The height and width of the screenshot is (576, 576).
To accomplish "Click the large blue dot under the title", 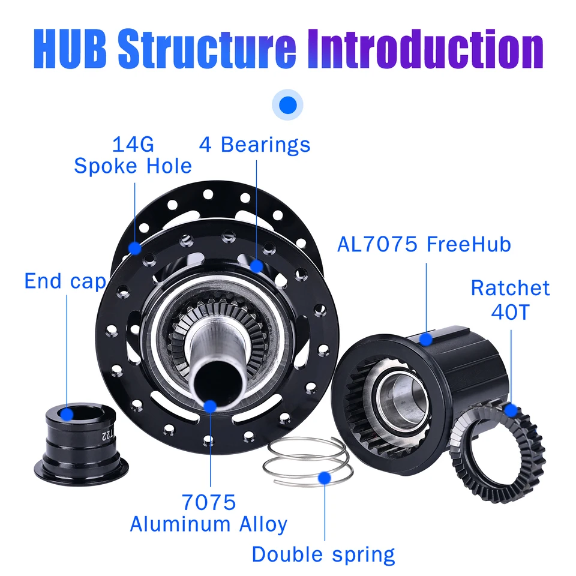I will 288,105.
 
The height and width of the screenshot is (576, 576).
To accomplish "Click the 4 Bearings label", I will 255,145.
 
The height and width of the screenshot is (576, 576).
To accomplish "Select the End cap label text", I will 65,281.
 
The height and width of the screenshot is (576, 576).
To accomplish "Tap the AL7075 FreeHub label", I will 424,244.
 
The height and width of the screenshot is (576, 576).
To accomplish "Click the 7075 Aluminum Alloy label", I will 209,513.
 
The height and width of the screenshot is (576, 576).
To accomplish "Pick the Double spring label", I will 323,554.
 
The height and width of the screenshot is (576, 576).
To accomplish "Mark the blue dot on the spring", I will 325,478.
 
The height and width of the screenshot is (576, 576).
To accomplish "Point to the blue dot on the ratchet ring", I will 511,410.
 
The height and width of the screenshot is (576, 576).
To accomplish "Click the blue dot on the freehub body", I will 425,340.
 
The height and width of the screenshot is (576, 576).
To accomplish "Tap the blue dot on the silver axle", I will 210,406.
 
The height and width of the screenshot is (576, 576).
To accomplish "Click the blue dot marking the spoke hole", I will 134,247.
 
